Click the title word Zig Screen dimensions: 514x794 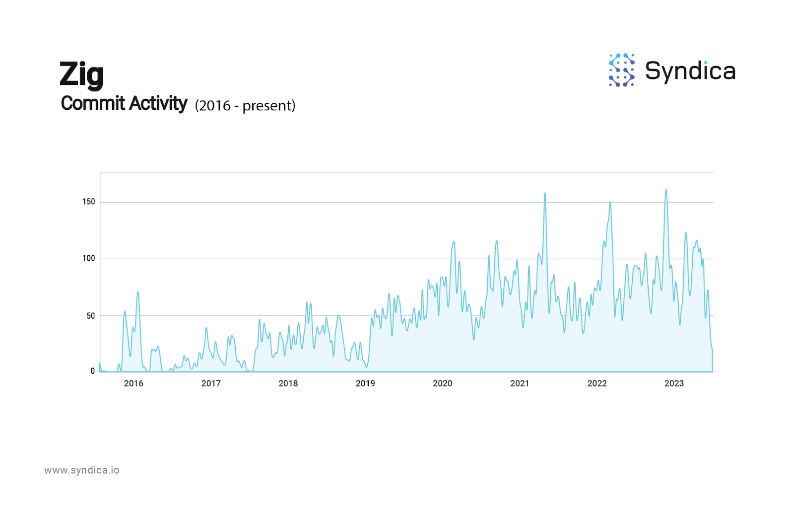(x=81, y=74)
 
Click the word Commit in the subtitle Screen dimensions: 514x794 (x=92, y=103)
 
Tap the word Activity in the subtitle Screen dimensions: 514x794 (x=158, y=103)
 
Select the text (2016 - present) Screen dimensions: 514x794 (x=245, y=105)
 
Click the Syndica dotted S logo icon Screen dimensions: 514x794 (x=621, y=70)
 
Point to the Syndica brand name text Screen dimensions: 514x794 (x=690, y=71)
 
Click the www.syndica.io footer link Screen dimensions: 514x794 (x=82, y=470)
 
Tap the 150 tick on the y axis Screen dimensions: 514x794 (x=88, y=202)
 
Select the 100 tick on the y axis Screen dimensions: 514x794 (x=88, y=258)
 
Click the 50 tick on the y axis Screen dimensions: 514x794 (x=90, y=316)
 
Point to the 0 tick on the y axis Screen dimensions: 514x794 (x=92, y=371)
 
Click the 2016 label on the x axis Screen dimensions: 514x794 (x=133, y=383)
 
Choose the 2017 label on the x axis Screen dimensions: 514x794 (x=211, y=383)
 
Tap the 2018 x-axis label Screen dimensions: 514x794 (x=288, y=383)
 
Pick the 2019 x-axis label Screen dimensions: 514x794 (x=365, y=383)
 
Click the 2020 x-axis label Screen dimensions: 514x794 (x=443, y=383)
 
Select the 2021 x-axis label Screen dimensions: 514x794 (x=520, y=383)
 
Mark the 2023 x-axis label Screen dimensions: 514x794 (x=674, y=383)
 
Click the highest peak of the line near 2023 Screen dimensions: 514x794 (x=666, y=190)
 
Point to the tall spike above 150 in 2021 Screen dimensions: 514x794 (x=545, y=193)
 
